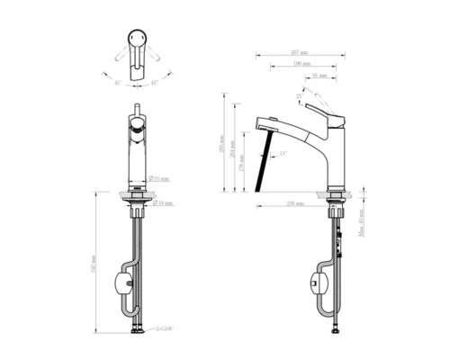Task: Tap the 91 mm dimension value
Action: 320,77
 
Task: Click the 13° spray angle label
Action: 283,154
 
